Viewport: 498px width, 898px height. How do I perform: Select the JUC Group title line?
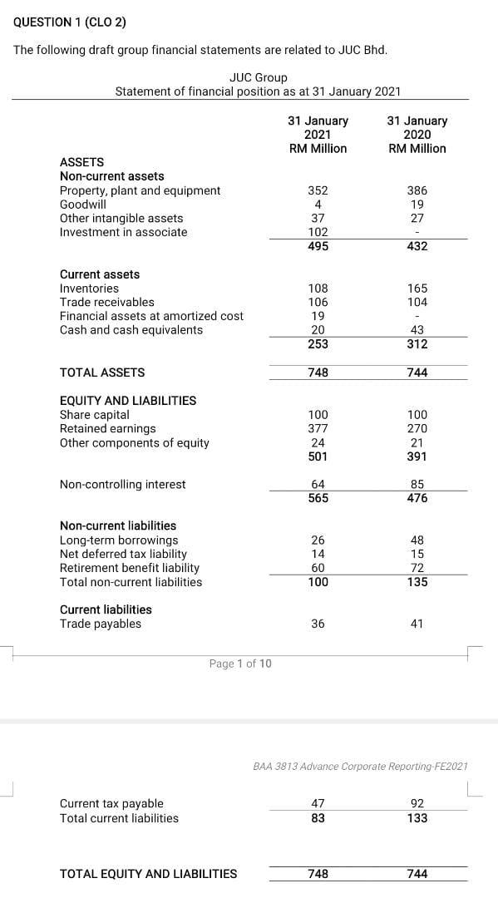258,77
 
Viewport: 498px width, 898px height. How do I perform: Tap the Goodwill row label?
83,205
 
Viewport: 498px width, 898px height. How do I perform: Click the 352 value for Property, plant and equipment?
318,190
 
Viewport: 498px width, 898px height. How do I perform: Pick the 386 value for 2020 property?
417,190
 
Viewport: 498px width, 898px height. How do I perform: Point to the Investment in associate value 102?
318,233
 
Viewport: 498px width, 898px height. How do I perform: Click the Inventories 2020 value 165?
417,289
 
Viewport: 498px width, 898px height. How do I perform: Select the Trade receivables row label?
106,303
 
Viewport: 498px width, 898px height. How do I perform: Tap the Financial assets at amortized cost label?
151,316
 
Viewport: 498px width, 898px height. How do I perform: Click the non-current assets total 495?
318,247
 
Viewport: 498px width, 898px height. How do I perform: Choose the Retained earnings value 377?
318,429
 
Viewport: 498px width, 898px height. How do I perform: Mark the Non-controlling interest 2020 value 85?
417,485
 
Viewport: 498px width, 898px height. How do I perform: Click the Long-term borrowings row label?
119,540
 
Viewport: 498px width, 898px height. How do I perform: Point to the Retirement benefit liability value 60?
318,568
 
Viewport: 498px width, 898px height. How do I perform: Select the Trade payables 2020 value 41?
417,624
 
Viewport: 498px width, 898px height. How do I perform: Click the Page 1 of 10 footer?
240,664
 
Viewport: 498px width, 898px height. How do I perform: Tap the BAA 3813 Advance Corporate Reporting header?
360,766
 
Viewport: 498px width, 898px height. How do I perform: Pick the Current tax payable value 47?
318,804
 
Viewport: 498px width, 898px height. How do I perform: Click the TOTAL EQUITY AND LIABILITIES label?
148,874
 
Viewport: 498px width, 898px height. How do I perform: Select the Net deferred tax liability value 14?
318,554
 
